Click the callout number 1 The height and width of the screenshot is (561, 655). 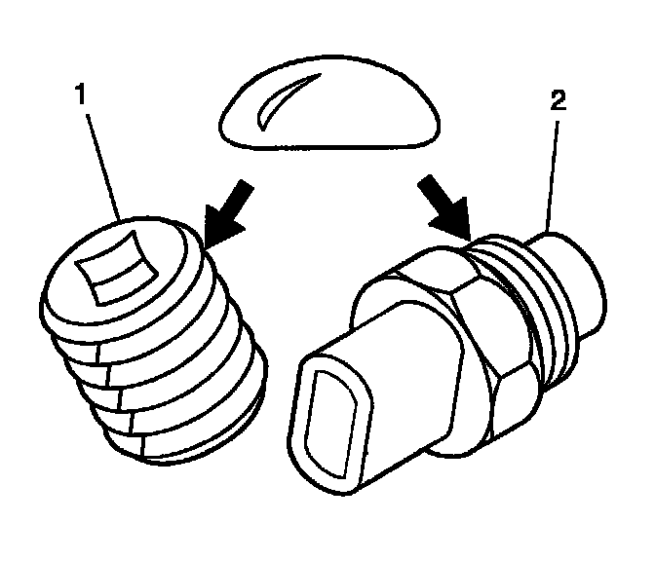tap(80, 93)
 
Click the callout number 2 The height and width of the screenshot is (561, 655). tap(559, 100)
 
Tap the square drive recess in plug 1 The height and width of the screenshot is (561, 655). tap(117, 268)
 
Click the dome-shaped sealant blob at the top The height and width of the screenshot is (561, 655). tap(329, 102)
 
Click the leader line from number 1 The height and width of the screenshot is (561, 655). tap(104, 167)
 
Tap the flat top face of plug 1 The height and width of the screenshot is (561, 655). tap(115, 271)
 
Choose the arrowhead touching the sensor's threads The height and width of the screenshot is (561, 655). tap(453, 219)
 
